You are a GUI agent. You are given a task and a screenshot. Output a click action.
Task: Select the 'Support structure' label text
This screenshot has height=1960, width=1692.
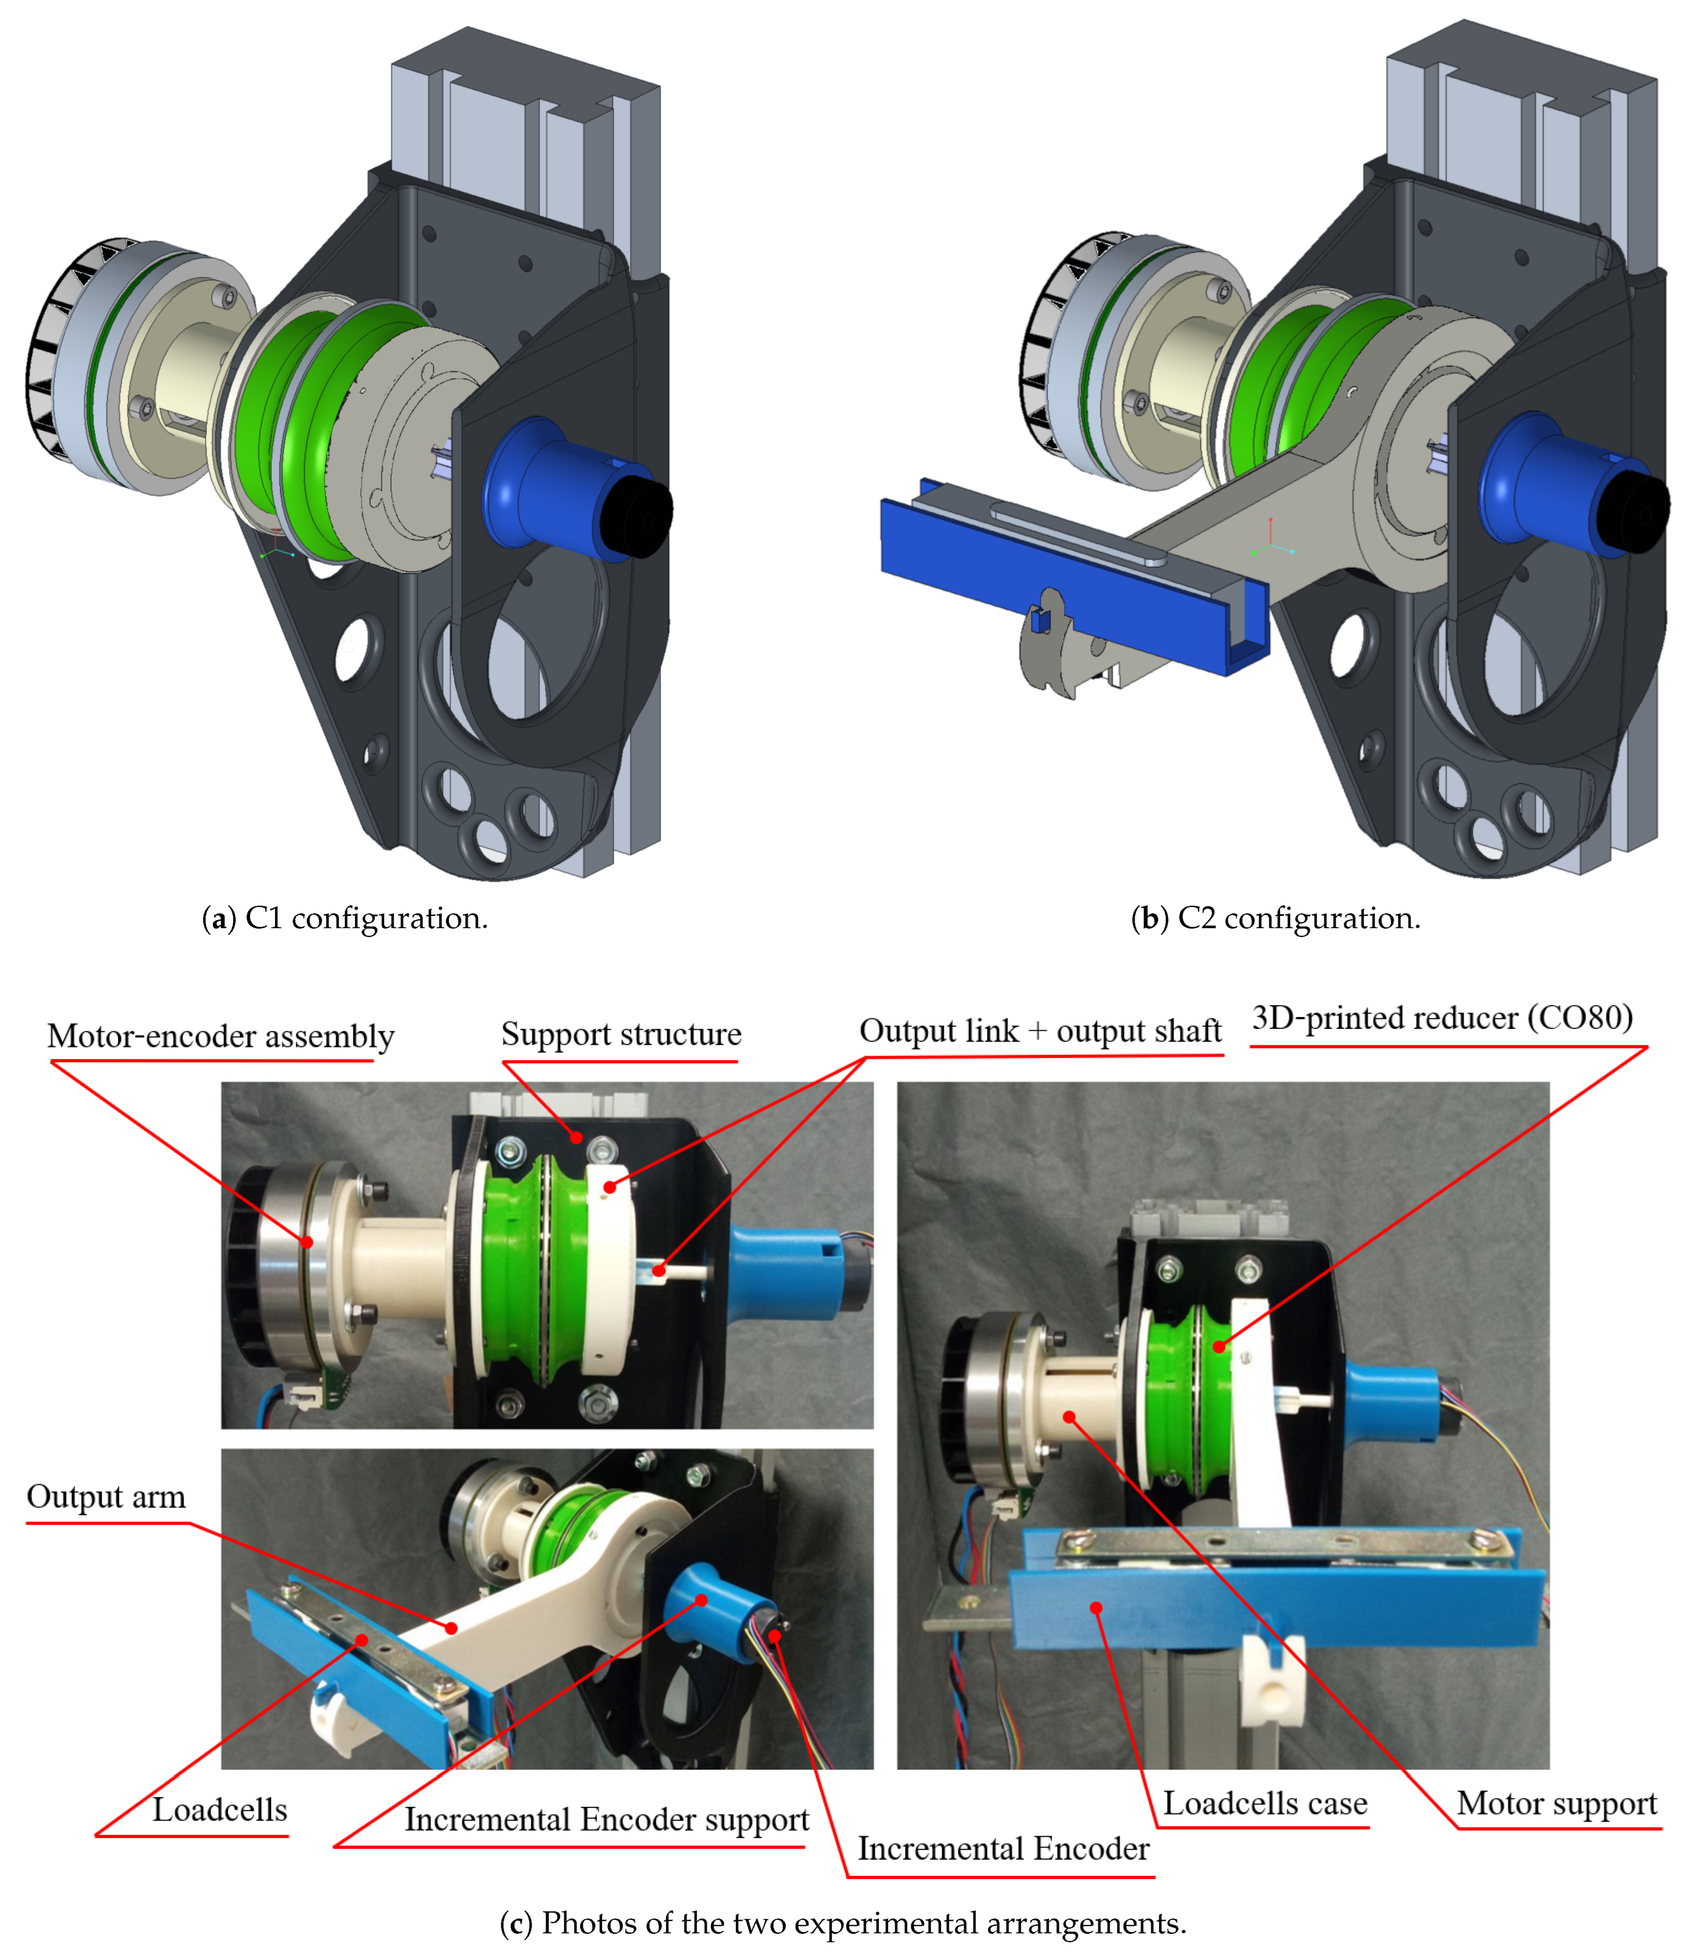(620, 1034)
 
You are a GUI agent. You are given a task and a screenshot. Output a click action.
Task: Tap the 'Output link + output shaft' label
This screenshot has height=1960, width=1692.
(1039, 1031)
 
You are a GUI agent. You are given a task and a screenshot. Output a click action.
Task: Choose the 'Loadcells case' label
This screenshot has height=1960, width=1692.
(1264, 1803)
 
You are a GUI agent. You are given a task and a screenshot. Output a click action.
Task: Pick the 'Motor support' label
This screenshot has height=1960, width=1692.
(1556, 1803)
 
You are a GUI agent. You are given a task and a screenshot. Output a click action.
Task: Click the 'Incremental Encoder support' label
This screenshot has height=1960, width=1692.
(606, 1819)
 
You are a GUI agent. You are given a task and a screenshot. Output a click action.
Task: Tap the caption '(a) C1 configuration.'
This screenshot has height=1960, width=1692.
(345, 918)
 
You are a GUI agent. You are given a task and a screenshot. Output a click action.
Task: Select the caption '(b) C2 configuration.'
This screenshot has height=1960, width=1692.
(1276, 918)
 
